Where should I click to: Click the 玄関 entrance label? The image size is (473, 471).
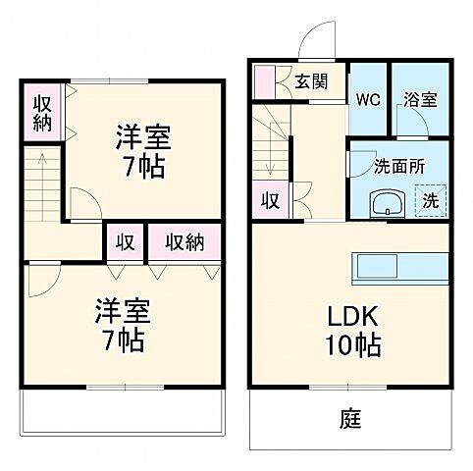point(313,82)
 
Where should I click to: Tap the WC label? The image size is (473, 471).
point(368,99)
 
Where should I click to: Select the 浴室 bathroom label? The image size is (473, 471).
point(419,99)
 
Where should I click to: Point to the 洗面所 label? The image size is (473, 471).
point(399,166)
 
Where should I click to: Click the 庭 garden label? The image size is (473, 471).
point(350,420)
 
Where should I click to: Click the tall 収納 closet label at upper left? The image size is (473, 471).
point(41,113)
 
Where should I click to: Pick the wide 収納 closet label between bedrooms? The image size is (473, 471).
point(184,241)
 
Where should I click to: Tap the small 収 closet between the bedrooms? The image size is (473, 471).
point(126,241)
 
